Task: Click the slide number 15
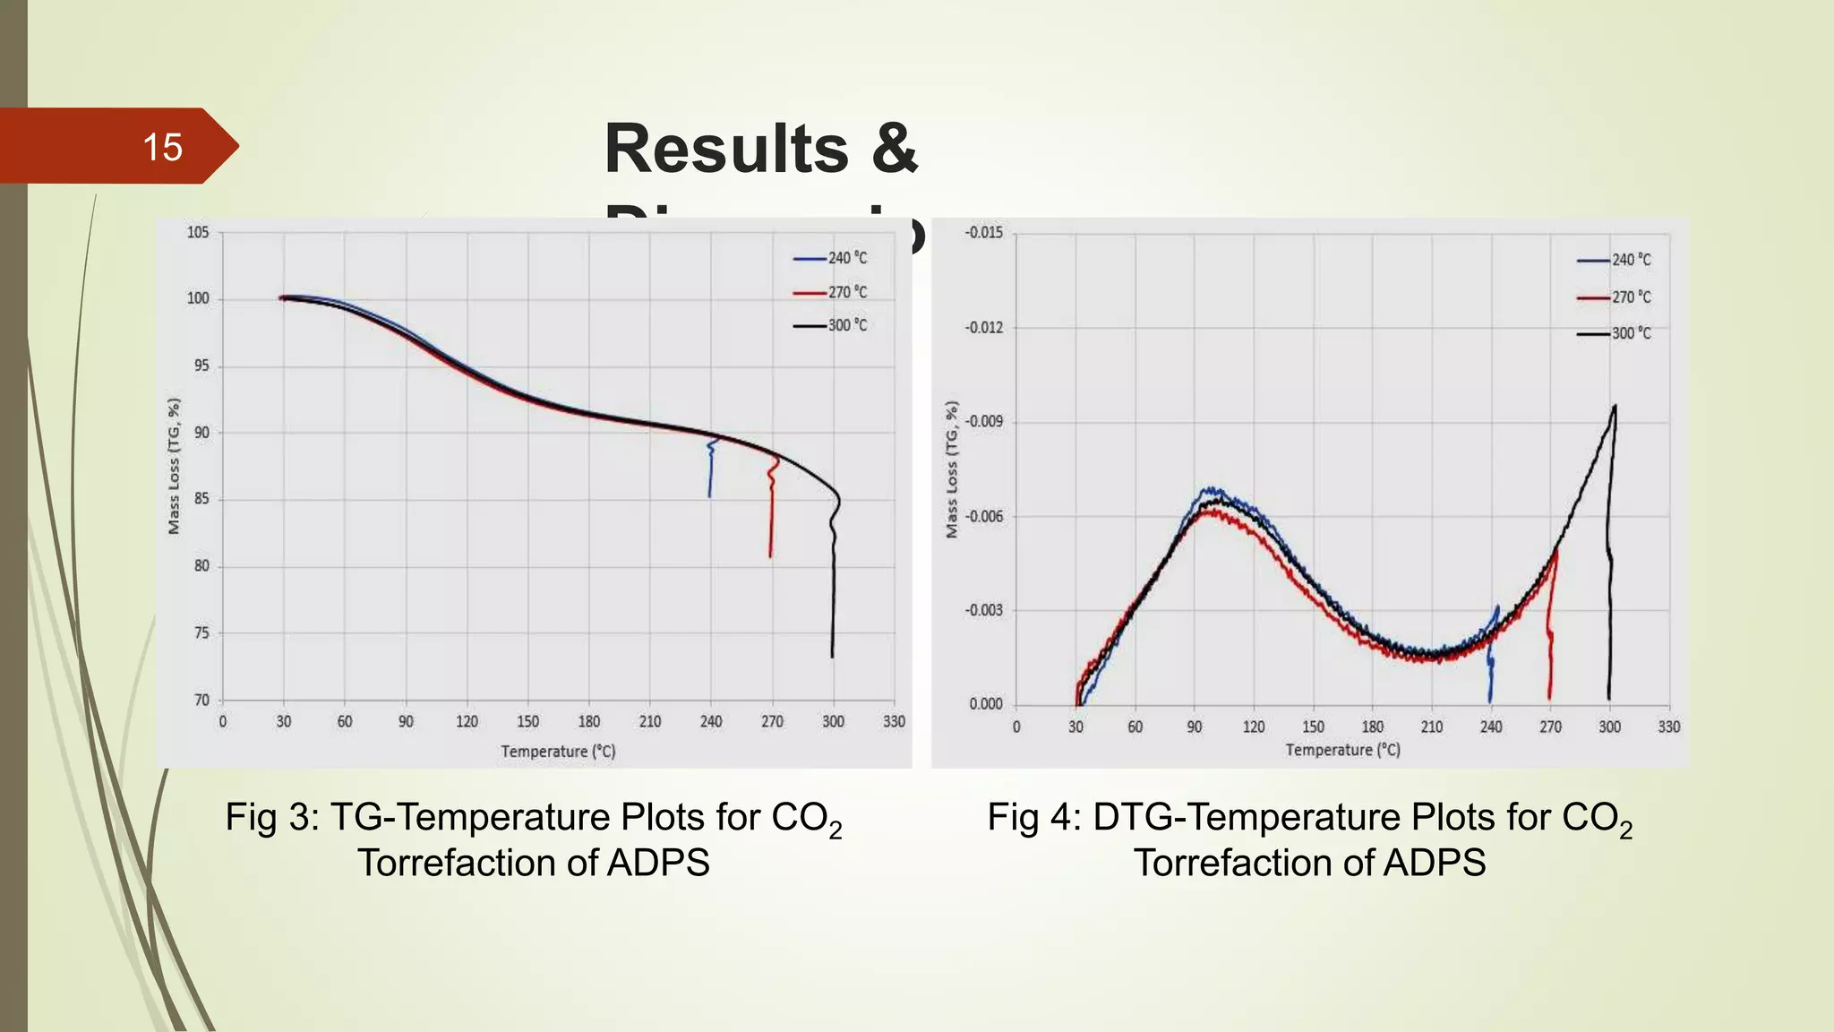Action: (x=162, y=148)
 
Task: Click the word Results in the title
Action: (x=726, y=149)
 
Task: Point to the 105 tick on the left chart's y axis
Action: (x=197, y=233)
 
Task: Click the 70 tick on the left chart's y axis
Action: (x=201, y=701)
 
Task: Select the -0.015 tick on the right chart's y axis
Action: (x=983, y=233)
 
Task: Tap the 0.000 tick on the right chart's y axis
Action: (x=985, y=704)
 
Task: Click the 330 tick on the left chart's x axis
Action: (x=894, y=722)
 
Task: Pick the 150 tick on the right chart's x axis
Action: (x=1313, y=727)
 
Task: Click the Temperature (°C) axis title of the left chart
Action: (x=558, y=752)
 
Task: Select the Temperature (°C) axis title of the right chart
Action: (x=1342, y=750)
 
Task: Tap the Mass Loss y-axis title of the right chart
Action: (x=951, y=469)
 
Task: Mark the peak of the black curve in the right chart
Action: (x=1615, y=407)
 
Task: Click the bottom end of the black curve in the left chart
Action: (x=832, y=657)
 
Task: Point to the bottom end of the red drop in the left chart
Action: (x=770, y=556)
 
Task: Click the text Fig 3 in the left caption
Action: (x=266, y=818)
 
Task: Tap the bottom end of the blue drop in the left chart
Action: (x=710, y=496)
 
